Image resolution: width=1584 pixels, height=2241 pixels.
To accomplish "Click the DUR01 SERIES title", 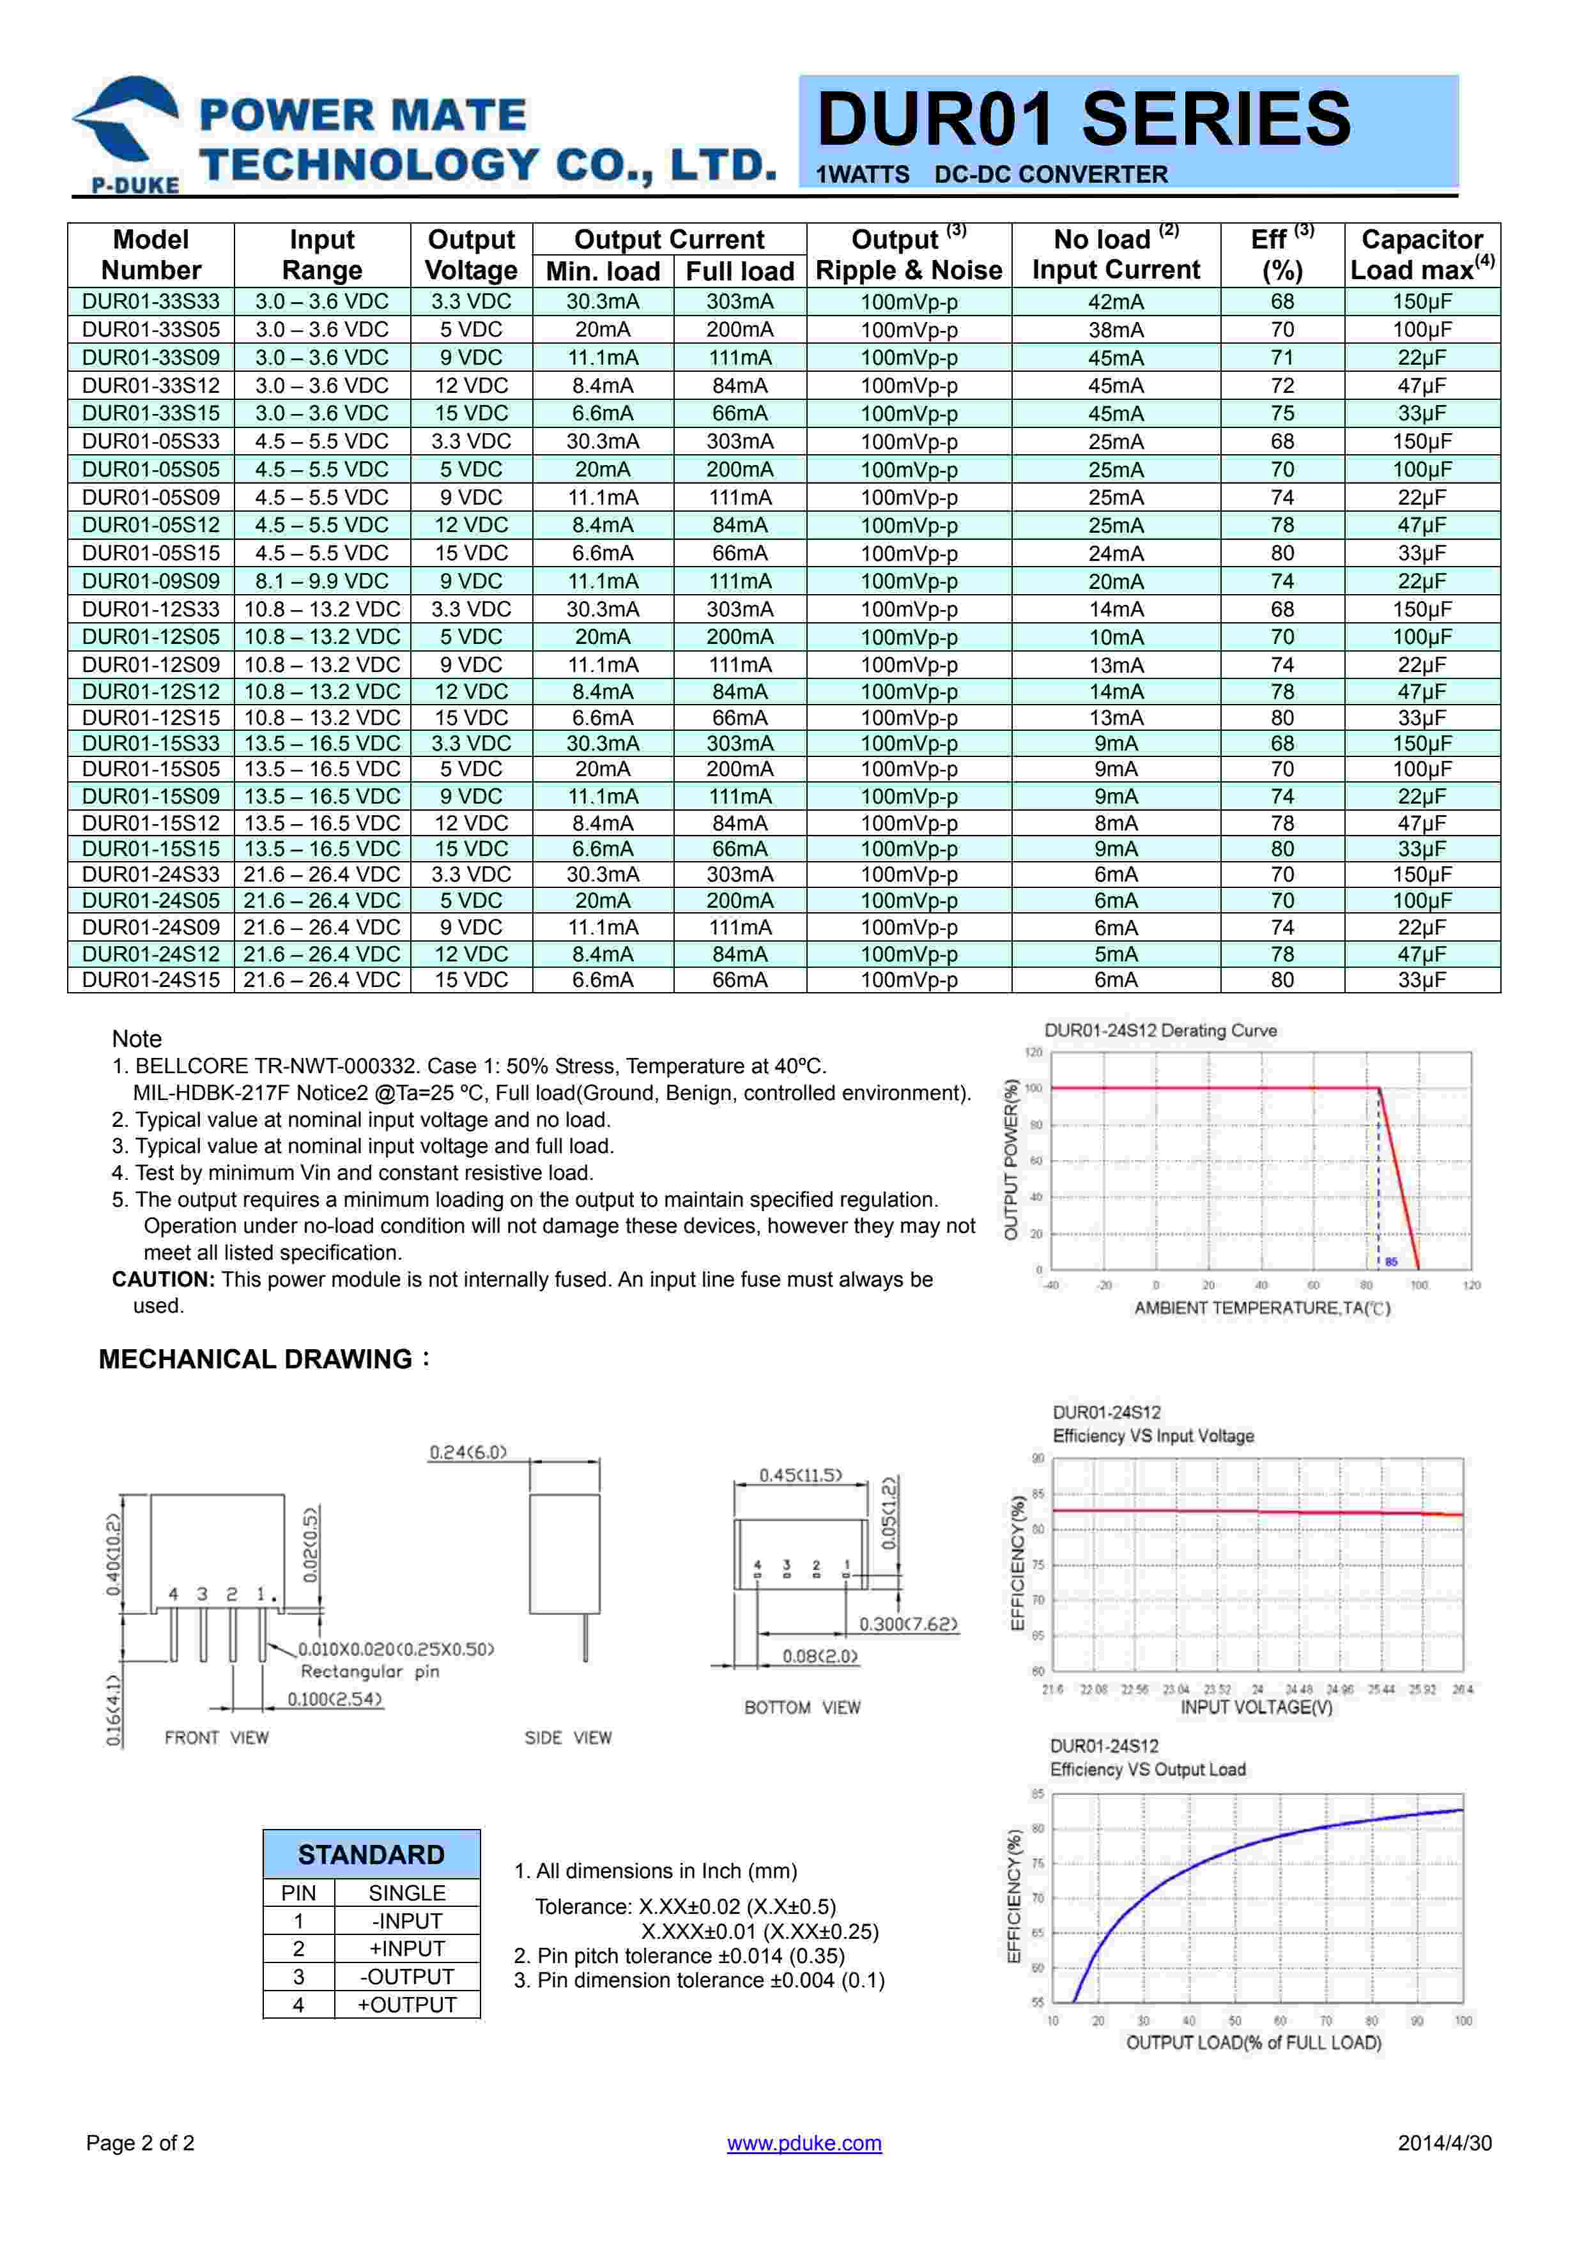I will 1083,119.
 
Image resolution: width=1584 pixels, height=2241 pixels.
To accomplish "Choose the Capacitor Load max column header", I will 1421,255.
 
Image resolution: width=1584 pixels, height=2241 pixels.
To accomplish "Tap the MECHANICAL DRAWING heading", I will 256,1359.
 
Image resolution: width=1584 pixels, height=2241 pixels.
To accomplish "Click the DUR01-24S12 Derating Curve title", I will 1160,1030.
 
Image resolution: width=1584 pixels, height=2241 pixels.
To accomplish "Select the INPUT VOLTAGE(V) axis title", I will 1256,1707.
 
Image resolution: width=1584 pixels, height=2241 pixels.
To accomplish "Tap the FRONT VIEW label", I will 216,1738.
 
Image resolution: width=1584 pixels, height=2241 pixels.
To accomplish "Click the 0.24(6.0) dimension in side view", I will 468,1452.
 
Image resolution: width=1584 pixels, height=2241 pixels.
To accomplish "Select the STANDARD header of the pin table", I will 371,1855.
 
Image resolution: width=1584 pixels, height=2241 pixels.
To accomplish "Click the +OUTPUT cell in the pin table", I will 407,2005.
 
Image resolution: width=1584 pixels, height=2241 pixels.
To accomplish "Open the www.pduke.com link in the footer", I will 804,2143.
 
